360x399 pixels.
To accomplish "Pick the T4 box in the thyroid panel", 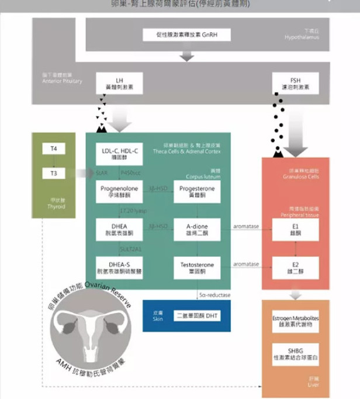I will tap(54, 150).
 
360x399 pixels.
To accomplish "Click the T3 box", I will tap(54, 173).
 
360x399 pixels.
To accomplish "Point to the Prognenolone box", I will tap(119, 192).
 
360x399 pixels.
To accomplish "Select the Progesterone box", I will tap(197, 192).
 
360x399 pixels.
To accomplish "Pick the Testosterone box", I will tap(197, 267).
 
